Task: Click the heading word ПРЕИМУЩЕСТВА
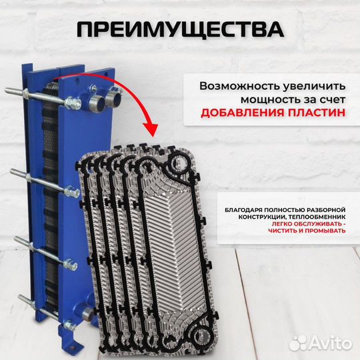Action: pyautogui.click(x=179, y=30)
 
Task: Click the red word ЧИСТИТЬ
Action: pyautogui.click(x=284, y=231)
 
